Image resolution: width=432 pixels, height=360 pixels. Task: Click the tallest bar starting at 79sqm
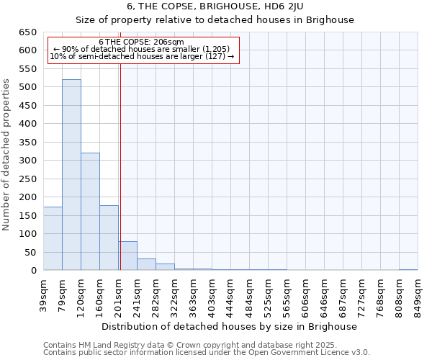[71, 175]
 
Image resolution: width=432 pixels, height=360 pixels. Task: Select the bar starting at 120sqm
[90, 212]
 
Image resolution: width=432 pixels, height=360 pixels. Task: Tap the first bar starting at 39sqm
[53, 238]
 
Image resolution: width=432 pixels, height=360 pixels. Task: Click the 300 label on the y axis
[28, 161]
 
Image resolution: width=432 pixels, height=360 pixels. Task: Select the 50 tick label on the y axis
[31, 253]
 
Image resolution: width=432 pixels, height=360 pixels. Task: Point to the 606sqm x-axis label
[305, 294]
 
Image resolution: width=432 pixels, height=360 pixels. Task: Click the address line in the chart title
[215, 6]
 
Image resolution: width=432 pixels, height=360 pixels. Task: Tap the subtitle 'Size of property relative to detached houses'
[215, 19]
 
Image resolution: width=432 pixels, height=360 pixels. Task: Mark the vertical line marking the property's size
[120, 166]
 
